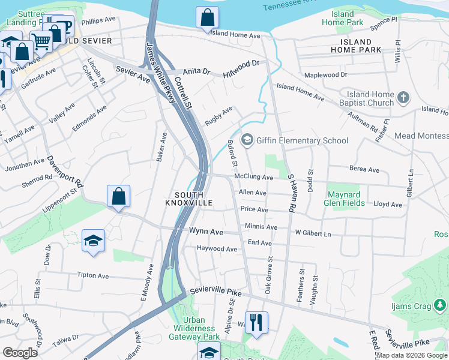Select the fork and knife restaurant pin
coord(256,323)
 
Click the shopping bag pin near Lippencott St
coord(119,196)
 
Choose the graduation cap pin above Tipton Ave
coord(92,241)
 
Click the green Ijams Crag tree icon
coord(440,306)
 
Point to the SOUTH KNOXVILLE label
coord(189,199)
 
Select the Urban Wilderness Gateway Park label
coord(194,328)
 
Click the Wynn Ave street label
coord(206,231)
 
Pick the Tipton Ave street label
coord(92,275)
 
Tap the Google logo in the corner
coord(20,352)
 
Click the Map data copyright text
coord(412,355)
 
